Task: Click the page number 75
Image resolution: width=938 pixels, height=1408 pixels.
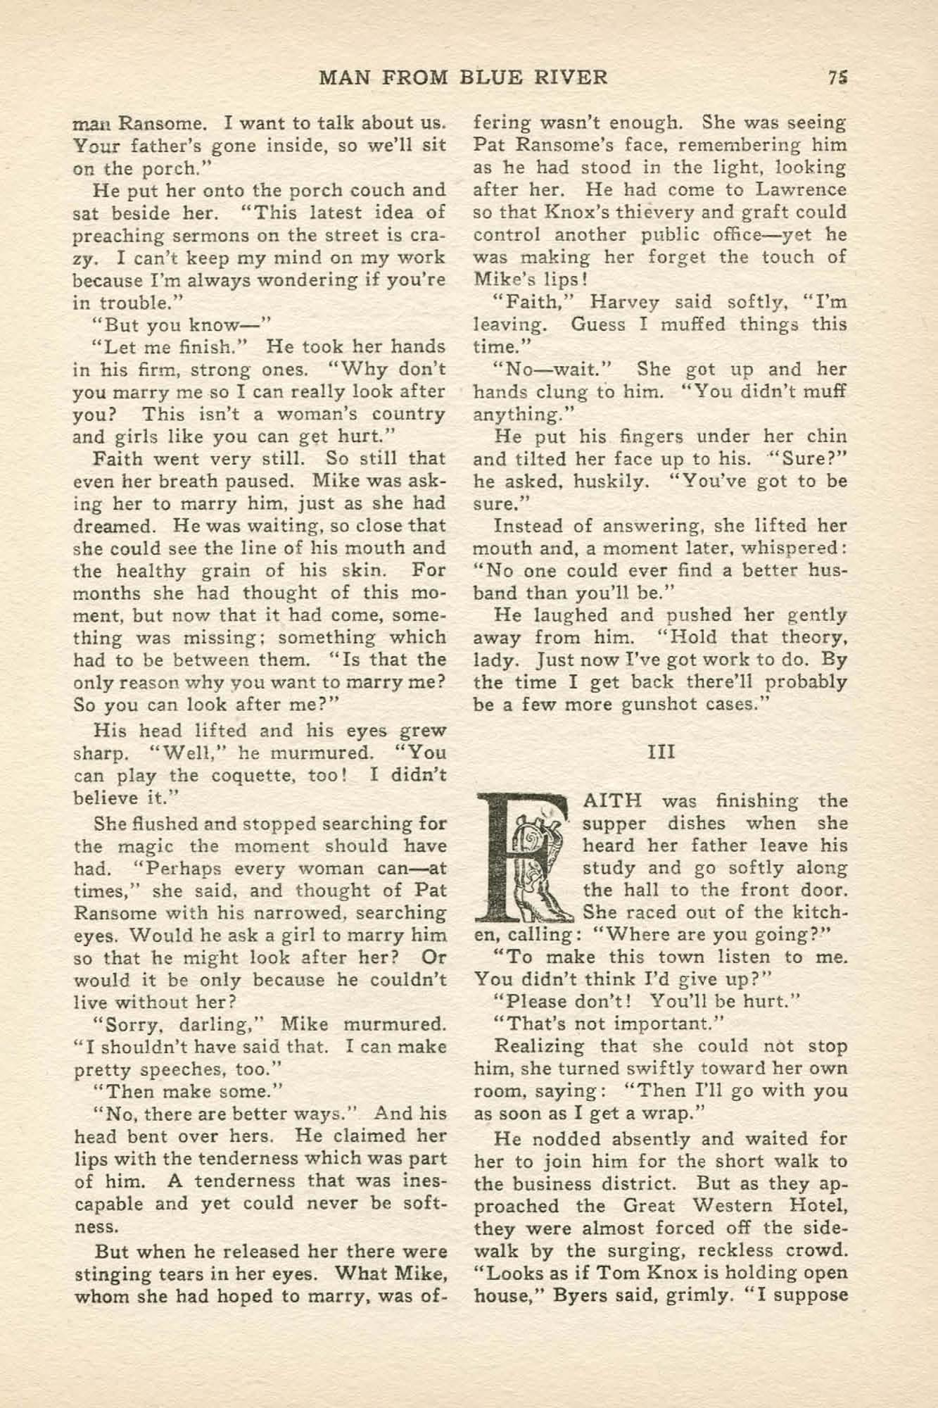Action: tap(837, 77)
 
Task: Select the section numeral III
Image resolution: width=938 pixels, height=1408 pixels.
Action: tap(661, 751)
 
